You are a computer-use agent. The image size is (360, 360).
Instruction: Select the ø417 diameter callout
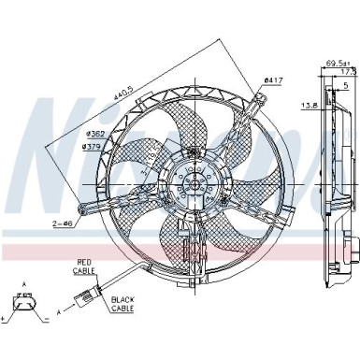click(x=273, y=80)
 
